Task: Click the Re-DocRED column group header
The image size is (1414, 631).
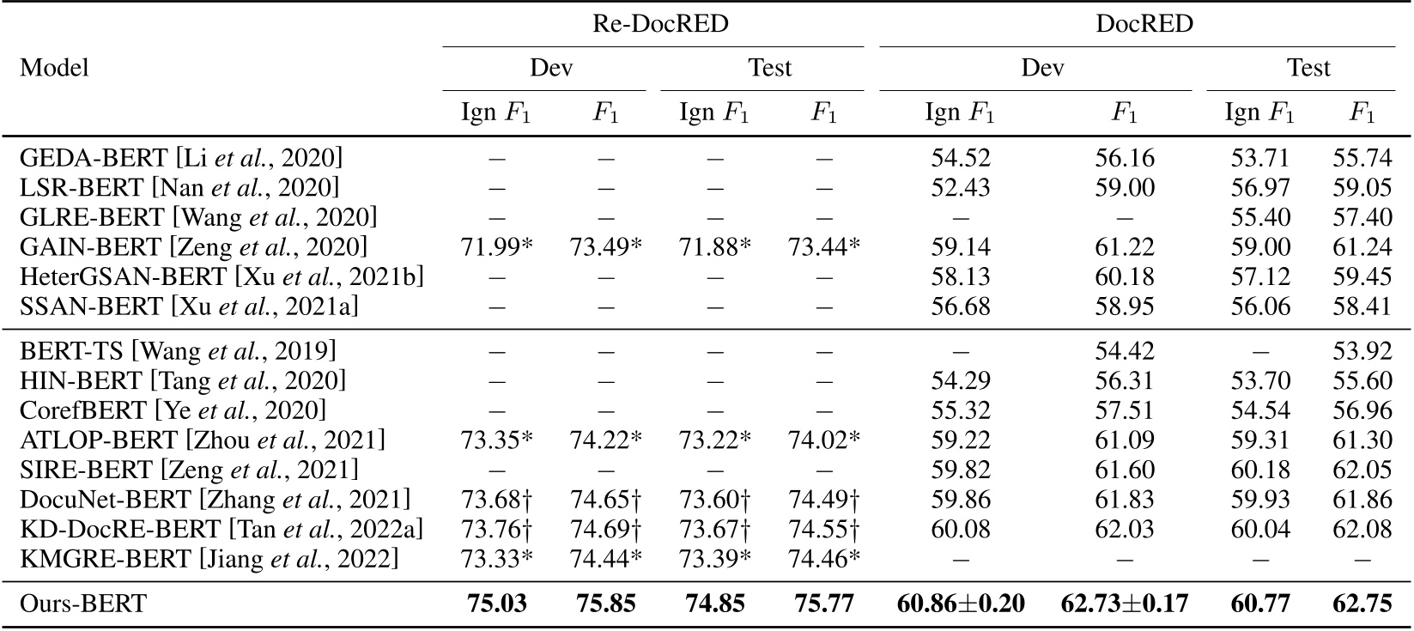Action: click(x=660, y=24)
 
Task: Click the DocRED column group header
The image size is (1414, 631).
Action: click(x=1144, y=24)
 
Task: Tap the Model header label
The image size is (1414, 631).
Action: click(x=54, y=68)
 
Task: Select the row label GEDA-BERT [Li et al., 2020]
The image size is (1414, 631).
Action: click(x=180, y=158)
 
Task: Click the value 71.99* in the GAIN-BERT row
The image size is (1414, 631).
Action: click(x=497, y=247)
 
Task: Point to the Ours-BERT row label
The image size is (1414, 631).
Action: click(x=82, y=604)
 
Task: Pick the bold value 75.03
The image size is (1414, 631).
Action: click(x=496, y=604)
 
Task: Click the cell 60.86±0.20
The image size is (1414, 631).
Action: click(x=960, y=604)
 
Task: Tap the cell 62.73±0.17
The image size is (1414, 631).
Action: click(x=1125, y=604)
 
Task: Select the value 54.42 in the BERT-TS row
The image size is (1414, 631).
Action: click(x=1125, y=351)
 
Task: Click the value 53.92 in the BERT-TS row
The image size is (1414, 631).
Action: click(x=1362, y=351)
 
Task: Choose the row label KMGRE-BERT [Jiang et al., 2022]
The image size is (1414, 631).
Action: click(x=209, y=560)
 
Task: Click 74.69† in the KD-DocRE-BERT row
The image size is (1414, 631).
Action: click(x=605, y=530)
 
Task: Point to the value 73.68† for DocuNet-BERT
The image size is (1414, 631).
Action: click(x=497, y=500)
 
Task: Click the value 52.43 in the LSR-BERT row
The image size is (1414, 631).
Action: click(x=960, y=187)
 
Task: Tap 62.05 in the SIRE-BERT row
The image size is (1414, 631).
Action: click(x=1362, y=470)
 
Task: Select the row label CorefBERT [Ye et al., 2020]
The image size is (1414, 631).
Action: click(x=173, y=410)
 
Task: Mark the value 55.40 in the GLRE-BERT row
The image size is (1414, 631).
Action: click(x=1259, y=217)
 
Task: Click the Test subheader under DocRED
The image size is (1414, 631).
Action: click(x=1308, y=68)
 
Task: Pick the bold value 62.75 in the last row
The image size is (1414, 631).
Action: click(x=1362, y=604)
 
